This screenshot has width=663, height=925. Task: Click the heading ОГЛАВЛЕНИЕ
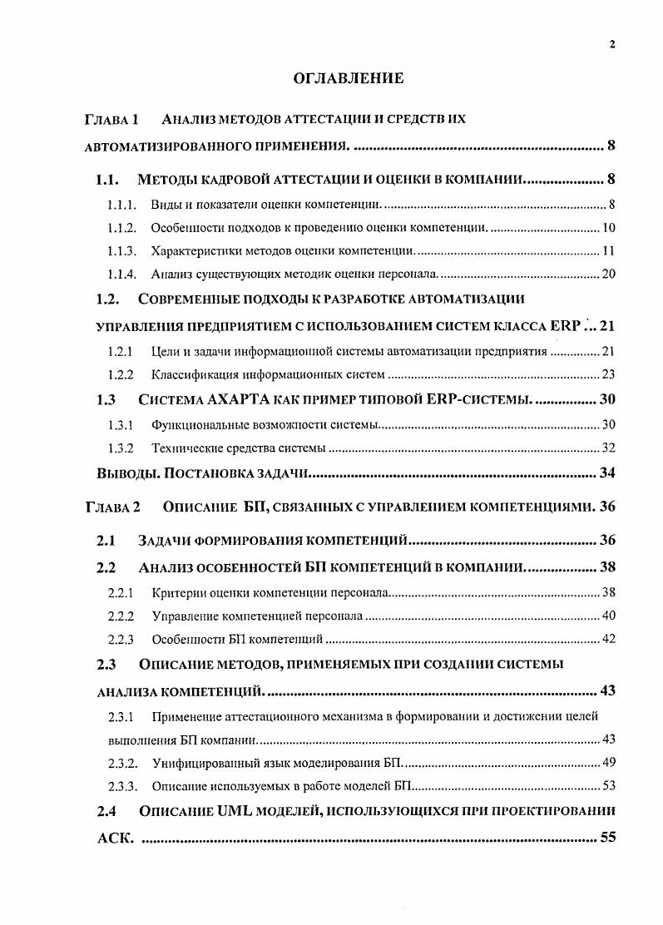tap(349, 79)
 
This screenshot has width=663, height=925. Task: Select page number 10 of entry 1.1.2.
tap(607, 228)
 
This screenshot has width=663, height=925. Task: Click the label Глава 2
tap(113, 507)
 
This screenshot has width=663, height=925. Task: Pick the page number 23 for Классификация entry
tap(607, 374)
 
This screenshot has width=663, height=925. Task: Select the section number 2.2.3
tap(121, 640)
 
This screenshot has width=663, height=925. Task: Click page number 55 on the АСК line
tap(607, 838)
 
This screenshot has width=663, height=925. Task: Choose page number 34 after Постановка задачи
tap(607, 474)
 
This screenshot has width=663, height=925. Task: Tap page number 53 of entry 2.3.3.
tap(607, 785)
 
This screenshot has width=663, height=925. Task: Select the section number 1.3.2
tap(121, 448)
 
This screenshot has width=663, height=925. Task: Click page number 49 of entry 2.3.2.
tap(607, 762)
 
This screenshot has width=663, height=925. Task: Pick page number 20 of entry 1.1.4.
tap(607, 274)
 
